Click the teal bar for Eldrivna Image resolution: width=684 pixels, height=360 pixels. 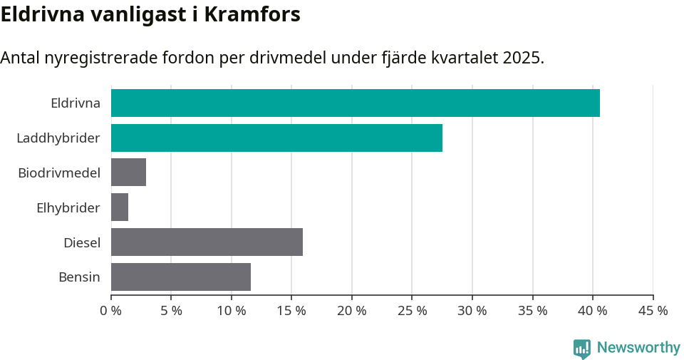[355, 103]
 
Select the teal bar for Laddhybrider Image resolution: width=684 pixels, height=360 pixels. [276, 138]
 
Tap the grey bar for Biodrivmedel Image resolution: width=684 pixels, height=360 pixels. [128, 173]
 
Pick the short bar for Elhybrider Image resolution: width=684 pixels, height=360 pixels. [120, 207]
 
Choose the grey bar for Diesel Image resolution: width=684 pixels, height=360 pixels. [207, 242]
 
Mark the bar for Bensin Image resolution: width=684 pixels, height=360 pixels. [181, 277]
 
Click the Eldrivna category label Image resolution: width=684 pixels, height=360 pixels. [76, 103]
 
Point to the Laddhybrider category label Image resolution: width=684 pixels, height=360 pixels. [58, 138]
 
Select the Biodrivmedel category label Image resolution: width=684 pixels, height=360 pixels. [59, 173]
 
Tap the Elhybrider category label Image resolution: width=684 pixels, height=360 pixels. [68, 207]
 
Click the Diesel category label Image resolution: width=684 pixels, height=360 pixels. [82, 242]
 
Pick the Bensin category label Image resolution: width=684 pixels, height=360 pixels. [79, 277]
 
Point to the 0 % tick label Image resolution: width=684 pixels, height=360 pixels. [111, 311]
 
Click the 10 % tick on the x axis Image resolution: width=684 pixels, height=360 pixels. [232, 311]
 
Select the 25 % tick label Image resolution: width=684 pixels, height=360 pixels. [412, 311]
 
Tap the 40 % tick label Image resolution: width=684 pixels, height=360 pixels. [593, 311]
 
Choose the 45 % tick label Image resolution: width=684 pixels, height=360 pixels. [653, 311]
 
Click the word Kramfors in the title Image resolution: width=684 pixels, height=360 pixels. [252, 15]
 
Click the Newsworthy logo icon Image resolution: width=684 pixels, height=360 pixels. [582, 349]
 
